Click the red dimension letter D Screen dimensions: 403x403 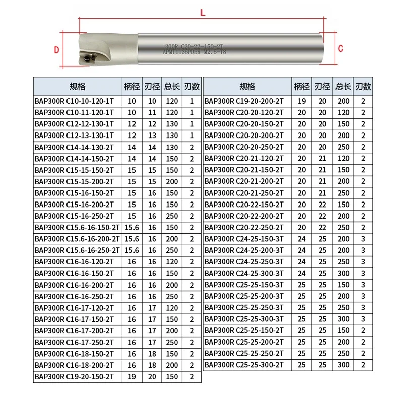click(57, 49)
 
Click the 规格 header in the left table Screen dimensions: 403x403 click(77, 86)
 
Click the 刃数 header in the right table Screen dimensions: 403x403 click(363, 86)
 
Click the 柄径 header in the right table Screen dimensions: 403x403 click(301, 86)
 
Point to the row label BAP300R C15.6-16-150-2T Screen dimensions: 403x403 click(77, 227)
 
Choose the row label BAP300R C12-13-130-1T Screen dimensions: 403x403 click(75, 135)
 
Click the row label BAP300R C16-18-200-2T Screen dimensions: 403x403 click(75, 365)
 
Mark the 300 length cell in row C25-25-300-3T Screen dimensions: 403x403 click(343, 319)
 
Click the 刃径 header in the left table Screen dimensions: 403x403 click(151, 86)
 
